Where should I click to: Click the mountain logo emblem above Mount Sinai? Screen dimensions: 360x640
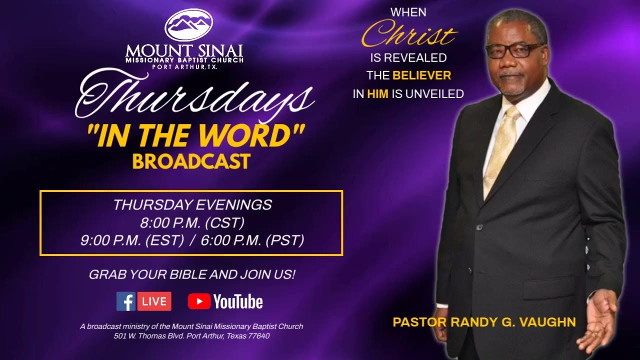pyautogui.click(x=188, y=25)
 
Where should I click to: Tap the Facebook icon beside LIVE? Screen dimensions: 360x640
pyautogui.click(x=126, y=301)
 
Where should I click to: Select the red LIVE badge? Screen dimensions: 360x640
pyautogui.click(x=154, y=301)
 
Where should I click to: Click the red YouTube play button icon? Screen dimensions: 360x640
pyautogui.click(x=199, y=301)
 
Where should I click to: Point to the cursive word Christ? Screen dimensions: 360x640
pyautogui.click(x=408, y=34)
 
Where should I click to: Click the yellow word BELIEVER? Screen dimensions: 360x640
pyautogui.click(x=421, y=75)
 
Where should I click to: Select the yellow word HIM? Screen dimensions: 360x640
pyautogui.click(x=377, y=93)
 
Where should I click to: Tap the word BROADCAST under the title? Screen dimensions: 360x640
pyautogui.click(x=191, y=161)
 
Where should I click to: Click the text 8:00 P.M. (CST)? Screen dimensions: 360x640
pyautogui.click(x=192, y=222)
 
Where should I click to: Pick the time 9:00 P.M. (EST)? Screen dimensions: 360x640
pyautogui.click(x=132, y=240)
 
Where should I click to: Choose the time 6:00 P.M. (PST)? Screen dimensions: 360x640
pyautogui.click(x=252, y=240)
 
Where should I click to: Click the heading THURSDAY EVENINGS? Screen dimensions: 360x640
pyautogui.click(x=192, y=204)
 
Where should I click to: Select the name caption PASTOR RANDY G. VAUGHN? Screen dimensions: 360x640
pyautogui.click(x=484, y=322)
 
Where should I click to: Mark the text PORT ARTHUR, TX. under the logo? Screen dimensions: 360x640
pyautogui.click(x=185, y=67)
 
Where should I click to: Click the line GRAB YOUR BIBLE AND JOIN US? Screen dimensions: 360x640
pyautogui.click(x=192, y=274)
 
